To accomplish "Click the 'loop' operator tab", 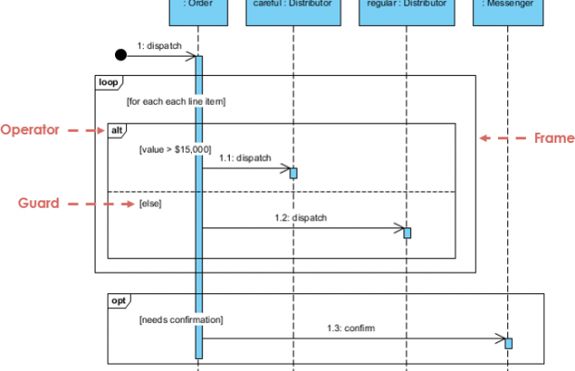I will [x=109, y=83].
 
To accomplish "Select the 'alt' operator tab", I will [x=118, y=131].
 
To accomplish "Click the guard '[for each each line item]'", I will [x=176, y=100].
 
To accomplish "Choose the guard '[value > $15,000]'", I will [x=174, y=148].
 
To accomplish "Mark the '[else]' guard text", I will [x=149, y=202].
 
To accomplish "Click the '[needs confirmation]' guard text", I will [x=181, y=319].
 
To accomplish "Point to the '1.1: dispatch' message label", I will [x=246, y=159].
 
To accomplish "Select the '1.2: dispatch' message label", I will [x=301, y=218].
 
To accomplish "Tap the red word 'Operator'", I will [x=30, y=130].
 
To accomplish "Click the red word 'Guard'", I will [x=40, y=202].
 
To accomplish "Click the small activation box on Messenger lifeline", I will [x=508, y=343].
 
